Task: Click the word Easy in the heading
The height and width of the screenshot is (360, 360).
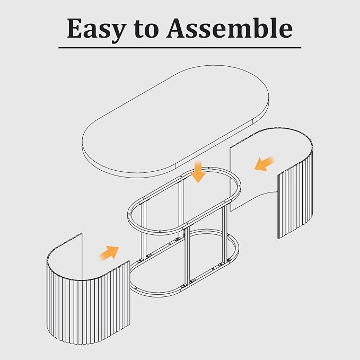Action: pos(96,29)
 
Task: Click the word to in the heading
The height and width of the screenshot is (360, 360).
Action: pos(146,29)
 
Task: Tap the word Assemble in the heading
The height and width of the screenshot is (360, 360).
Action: pos(229,28)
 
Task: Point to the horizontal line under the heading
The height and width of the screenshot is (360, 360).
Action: pos(180,48)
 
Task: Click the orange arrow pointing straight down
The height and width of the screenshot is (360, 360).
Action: pos(198,172)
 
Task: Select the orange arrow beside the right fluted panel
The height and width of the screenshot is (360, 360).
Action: pos(265,163)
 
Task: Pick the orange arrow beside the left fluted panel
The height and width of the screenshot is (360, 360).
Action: pos(109,253)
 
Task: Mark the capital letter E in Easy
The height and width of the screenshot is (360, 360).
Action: pos(74,28)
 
